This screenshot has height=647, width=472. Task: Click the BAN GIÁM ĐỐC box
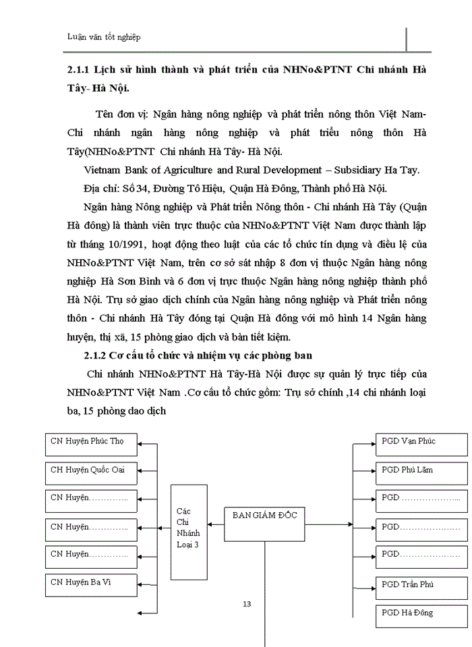264,523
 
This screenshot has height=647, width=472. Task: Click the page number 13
247,604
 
